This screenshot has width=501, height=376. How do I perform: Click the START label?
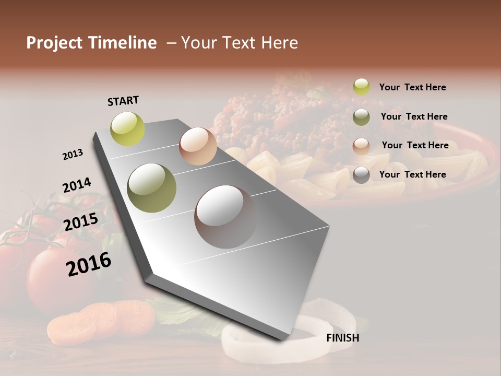tap(123, 101)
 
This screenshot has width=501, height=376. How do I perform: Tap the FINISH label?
tap(342, 338)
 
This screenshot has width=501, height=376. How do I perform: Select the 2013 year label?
tap(73, 155)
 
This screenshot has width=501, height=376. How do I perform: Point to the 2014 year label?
tap(77, 185)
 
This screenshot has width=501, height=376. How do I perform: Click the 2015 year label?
tap(81, 222)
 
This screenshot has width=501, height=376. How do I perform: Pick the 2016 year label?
tap(89, 264)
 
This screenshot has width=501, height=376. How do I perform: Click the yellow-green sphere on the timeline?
tap(128, 128)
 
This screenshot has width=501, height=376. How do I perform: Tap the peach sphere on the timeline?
tap(198, 146)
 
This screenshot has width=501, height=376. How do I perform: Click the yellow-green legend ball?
tap(361, 87)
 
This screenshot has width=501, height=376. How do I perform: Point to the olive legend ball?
tap(361, 116)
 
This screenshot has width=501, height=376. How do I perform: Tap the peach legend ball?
tap(361, 146)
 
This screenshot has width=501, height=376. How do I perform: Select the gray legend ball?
tap(361, 175)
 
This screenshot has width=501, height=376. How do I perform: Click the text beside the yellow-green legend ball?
tap(412, 87)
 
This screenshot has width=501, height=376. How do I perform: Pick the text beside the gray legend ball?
tap(412, 174)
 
